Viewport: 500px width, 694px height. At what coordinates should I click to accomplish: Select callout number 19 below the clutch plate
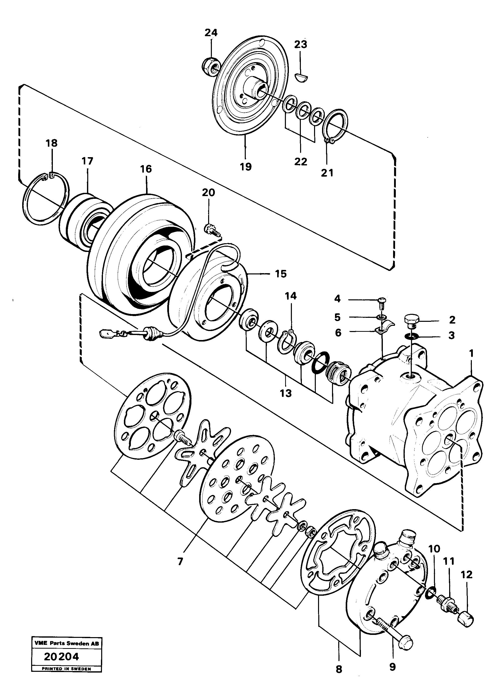pos(246,167)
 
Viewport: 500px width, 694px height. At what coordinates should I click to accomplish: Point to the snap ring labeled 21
pos(335,125)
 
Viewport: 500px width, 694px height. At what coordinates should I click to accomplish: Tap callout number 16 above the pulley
pos(146,169)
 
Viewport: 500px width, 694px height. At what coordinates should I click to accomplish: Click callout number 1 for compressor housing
pos(471,354)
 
